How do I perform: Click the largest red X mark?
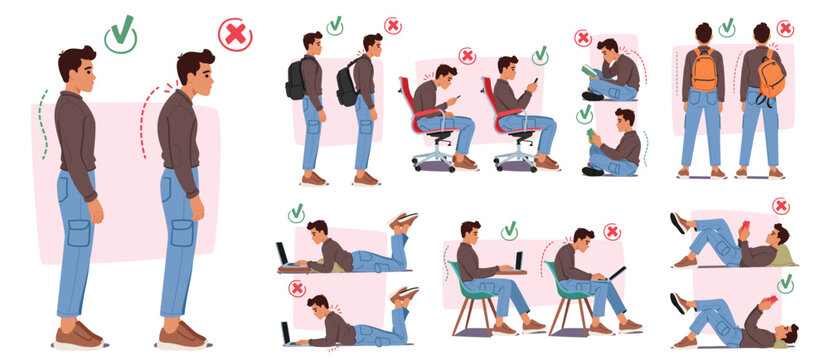(x=235, y=35)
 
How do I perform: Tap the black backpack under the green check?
(x=296, y=80)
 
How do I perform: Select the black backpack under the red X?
(x=347, y=84)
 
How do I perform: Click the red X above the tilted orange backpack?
(x=785, y=28)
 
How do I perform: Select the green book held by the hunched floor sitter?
(x=589, y=71)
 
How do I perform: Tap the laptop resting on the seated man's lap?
(x=616, y=272)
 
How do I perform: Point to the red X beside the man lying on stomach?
(x=297, y=288)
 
